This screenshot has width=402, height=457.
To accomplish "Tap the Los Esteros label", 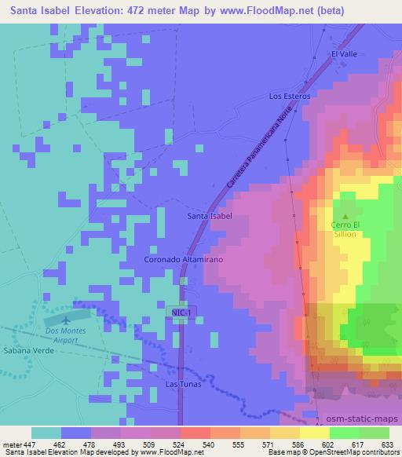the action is [x=290, y=96].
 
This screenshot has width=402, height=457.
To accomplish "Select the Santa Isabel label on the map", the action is [x=210, y=215].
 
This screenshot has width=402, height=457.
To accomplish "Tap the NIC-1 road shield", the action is [x=181, y=312].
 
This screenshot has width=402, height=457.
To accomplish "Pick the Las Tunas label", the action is [x=183, y=384].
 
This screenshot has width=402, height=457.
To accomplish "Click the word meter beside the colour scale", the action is [x=12, y=444].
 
